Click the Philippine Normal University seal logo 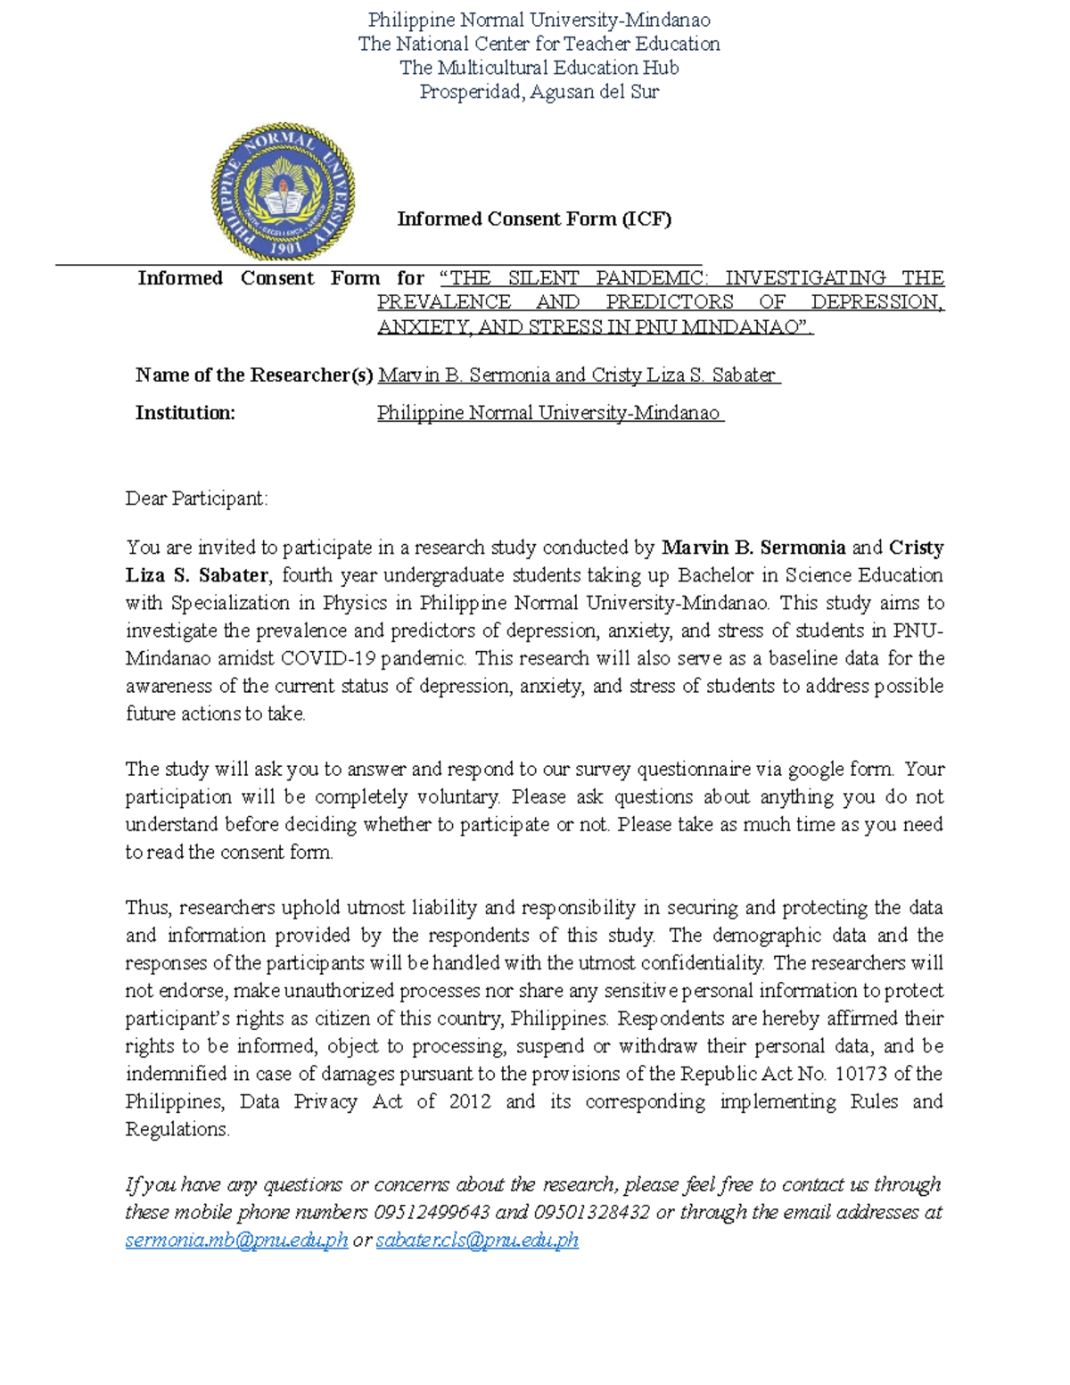coord(284,193)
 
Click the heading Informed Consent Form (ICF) coord(533,219)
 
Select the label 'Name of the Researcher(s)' coord(254,375)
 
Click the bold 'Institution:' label coord(185,413)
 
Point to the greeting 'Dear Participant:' coord(196,499)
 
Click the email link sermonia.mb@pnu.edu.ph coord(236,1241)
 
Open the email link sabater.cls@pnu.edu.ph coord(477,1241)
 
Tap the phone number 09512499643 coord(432,1213)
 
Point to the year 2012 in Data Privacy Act coord(470,1101)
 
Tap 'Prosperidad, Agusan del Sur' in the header coord(539,92)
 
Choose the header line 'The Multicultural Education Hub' coord(539,68)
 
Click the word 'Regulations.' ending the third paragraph coord(177,1129)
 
